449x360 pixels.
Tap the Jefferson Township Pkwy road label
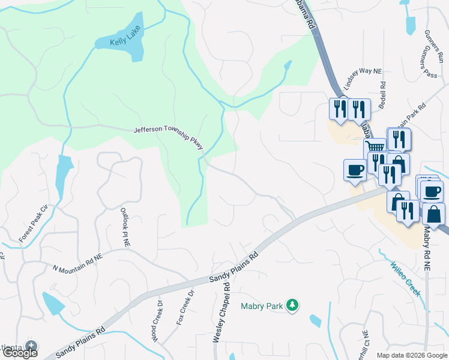169,137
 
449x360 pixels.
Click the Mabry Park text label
262,306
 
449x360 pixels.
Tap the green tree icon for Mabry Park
292,305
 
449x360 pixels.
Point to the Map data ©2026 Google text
411,355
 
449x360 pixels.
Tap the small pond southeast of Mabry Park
315,321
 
